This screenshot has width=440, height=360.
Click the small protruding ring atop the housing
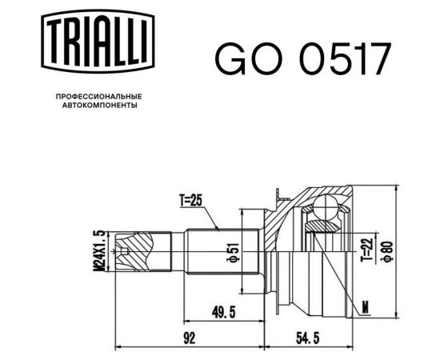point(278,192)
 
